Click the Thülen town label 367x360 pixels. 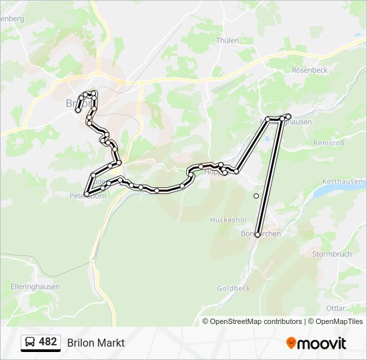coord(227,40)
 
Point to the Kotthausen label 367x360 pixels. coord(342,181)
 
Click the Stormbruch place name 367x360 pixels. coord(332,254)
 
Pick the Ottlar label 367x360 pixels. coord(336,308)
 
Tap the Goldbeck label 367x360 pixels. coord(233,288)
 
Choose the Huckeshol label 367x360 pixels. coord(228,219)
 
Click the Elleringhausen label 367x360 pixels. coord(35,286)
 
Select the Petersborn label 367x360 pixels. coord(87,196)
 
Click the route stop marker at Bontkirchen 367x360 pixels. coord(258,235)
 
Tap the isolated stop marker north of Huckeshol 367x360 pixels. coord(256,196)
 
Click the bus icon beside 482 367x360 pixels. coord(30,343)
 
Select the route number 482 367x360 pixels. coord(48,342)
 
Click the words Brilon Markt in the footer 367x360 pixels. coord(95,343)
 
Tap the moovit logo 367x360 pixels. coord(316,343)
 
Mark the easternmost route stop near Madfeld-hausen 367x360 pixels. coord(288,117)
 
